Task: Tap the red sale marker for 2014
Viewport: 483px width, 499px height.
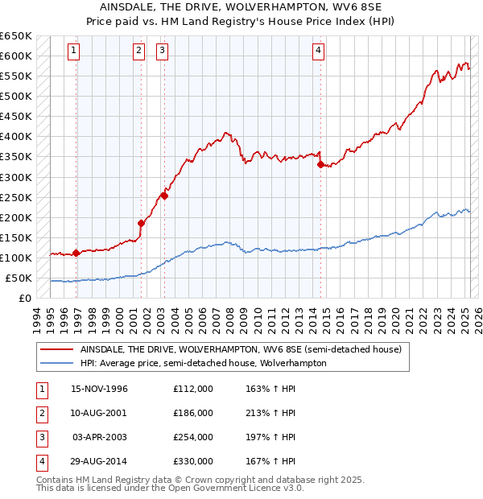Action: [x=320, y=164]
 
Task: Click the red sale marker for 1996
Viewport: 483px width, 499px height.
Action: [x=76, y=253]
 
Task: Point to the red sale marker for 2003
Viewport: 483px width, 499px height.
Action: [x=164, y=195]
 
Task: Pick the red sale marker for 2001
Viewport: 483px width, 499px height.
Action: [x=141, y=223]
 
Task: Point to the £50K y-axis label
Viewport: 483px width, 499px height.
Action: [x=19, y=278]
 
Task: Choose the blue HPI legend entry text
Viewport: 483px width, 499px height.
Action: [x=203, y=363]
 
